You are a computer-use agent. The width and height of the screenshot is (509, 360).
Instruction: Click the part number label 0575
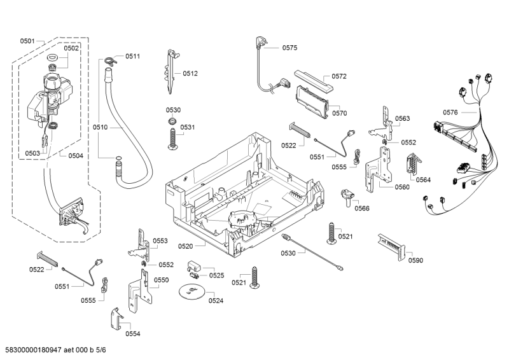tap(289, 48)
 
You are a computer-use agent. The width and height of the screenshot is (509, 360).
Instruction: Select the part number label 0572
tap(338, 76)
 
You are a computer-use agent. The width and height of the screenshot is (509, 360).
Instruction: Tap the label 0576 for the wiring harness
tap(450, 113)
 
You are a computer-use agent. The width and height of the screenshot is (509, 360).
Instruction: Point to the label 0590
tap(415, 260)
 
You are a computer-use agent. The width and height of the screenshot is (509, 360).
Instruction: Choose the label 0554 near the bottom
tap(132, 333)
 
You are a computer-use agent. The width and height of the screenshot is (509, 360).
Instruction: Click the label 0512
tap(190, 73)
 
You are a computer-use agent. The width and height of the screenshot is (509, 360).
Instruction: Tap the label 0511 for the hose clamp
tap(132, 57)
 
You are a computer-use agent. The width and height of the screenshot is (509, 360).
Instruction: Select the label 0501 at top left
tap(27, 41)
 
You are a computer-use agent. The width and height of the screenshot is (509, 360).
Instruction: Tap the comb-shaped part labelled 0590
tap(389, 244)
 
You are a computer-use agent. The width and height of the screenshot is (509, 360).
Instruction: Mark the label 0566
tap(362, 208)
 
